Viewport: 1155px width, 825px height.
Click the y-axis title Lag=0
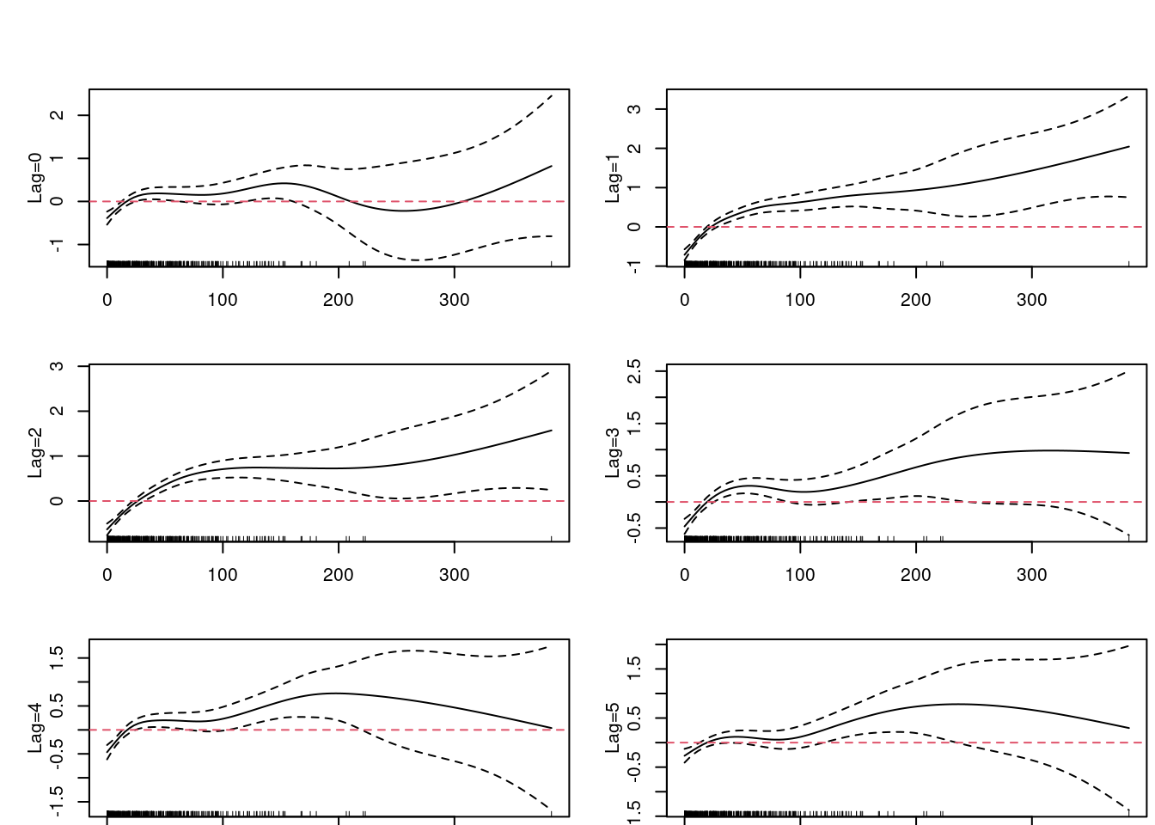(35, 178)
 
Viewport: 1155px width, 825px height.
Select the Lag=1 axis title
(613, 178)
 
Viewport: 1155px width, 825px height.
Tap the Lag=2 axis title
(35, 453)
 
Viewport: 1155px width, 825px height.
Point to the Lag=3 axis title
(613, 453)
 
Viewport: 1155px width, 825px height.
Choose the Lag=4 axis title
(35, 728)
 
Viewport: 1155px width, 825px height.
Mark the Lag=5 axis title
(613, 728)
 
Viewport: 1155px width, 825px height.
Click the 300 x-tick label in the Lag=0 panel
(454, 300)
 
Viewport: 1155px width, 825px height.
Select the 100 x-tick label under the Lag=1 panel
(800, 300)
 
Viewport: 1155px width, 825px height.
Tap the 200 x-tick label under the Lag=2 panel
(339, 575)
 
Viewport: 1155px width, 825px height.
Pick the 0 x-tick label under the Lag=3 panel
(685, 575)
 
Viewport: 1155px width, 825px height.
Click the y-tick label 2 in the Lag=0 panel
(58, 115)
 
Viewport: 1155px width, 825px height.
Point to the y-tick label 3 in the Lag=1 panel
(635, 109)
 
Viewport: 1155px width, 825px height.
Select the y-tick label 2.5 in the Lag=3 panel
(635, 371)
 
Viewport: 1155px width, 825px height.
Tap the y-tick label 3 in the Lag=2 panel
(58, 366)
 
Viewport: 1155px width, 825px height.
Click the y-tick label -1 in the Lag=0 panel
(58, 245)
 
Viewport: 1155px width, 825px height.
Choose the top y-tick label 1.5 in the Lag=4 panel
(58, 657)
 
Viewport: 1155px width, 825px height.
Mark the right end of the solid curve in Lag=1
(1129, 147)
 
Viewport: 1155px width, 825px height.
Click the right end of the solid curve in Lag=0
(552, 166)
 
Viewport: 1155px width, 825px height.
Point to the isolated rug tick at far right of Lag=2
(551, 538)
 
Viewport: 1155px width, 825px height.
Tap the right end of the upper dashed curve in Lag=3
(1128, 371)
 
